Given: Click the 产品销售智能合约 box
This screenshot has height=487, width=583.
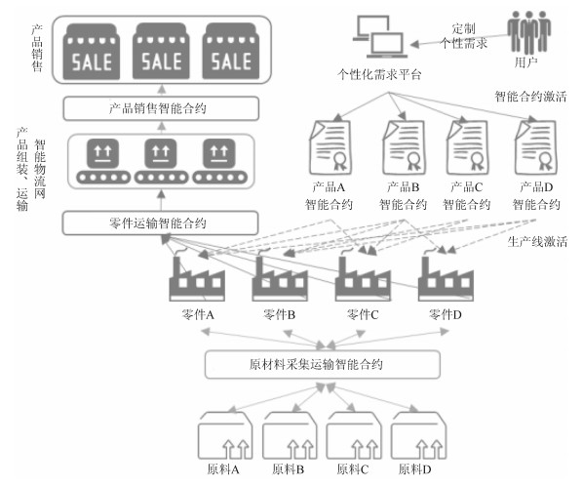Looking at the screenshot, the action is point(161,108).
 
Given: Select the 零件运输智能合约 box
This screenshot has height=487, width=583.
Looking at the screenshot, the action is point(160,223).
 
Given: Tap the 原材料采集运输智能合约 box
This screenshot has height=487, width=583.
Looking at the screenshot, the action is point(323,364).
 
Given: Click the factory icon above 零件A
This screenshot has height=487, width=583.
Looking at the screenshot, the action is point(197,276).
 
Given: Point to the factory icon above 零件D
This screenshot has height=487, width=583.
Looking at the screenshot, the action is point(446,276).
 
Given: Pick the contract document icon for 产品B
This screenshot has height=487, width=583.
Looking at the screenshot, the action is point(404,147).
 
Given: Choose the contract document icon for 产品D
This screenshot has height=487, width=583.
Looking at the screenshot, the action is point(536,147).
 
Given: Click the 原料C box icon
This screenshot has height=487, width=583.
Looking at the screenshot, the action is point(354,435).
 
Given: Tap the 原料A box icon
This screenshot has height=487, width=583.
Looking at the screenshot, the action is point(225,435).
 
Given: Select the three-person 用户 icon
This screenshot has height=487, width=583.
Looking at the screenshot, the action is point(528,33).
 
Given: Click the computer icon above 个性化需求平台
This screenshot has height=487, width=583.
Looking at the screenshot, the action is point(380,36).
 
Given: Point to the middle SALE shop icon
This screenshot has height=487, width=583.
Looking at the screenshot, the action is point(161,51).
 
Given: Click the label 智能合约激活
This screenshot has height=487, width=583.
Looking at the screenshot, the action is point(530,97).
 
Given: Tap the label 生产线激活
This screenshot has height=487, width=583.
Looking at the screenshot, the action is point(537,242).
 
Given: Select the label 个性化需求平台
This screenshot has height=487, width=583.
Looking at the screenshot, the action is point(379,74).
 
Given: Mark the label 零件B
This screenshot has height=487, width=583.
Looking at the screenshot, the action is point(279,315).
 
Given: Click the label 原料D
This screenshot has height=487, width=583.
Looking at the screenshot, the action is point(414,469).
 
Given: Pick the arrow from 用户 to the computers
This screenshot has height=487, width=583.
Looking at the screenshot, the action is point(459,40).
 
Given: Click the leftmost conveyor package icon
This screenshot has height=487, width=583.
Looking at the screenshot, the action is point(103,161).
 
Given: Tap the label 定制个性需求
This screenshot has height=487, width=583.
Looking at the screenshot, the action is point(463,36).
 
